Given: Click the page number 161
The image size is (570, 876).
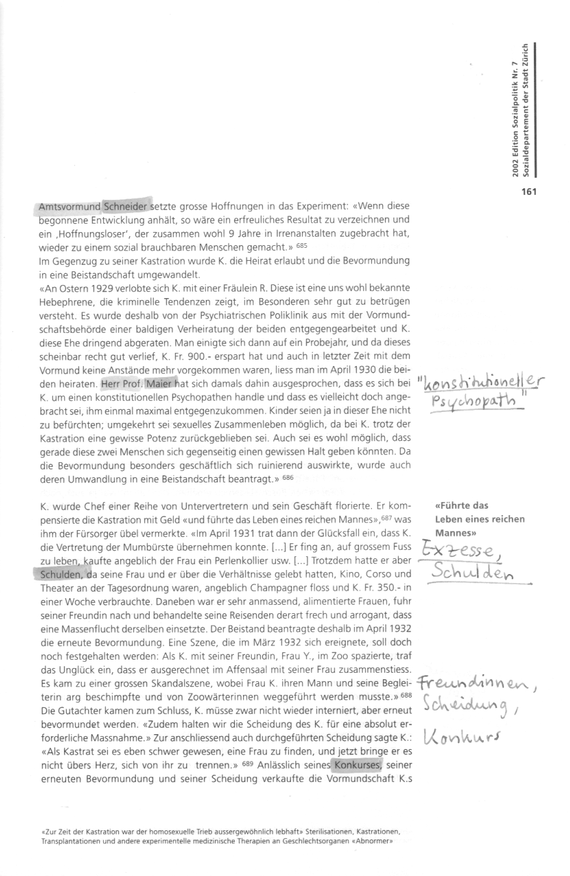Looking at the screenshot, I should [528, 192].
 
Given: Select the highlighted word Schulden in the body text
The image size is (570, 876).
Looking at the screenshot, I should [58, 574].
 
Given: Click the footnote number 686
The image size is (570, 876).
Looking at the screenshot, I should [288, 479].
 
